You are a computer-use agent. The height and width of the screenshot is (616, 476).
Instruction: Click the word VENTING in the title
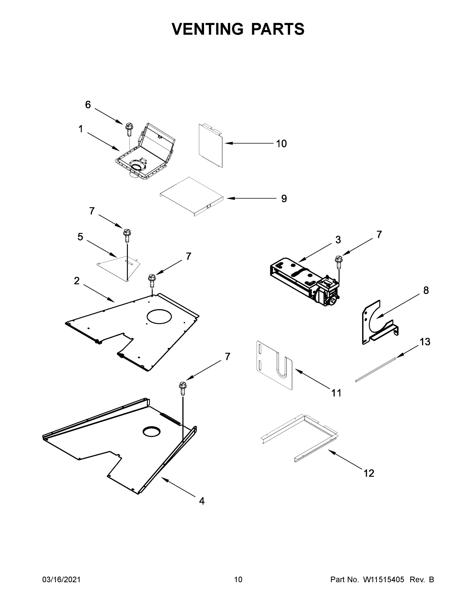point(207,29)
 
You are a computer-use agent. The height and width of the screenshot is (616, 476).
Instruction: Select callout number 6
point(88,105)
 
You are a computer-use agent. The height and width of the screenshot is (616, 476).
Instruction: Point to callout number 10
point(281,143)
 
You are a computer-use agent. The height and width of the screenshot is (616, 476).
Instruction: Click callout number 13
point(425,342)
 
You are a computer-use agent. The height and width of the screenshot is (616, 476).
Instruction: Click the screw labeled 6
point(129,129)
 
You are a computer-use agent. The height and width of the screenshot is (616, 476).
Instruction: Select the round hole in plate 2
point(159,316)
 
